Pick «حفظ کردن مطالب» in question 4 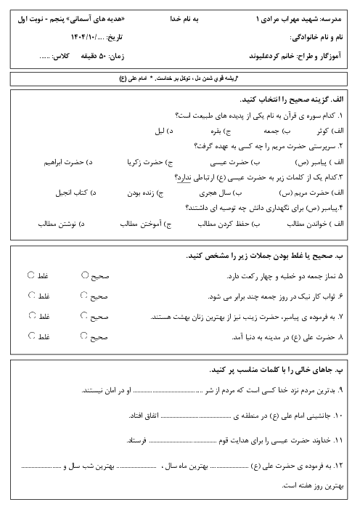click(209, 224)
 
